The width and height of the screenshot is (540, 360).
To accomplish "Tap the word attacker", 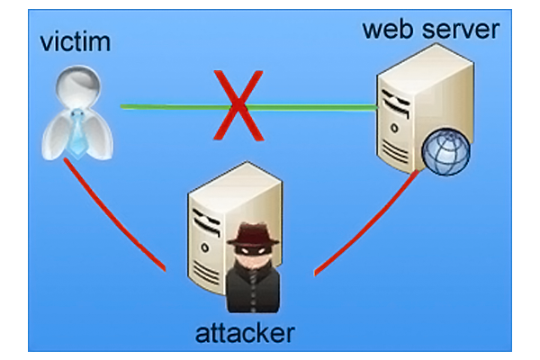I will [245, 334].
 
